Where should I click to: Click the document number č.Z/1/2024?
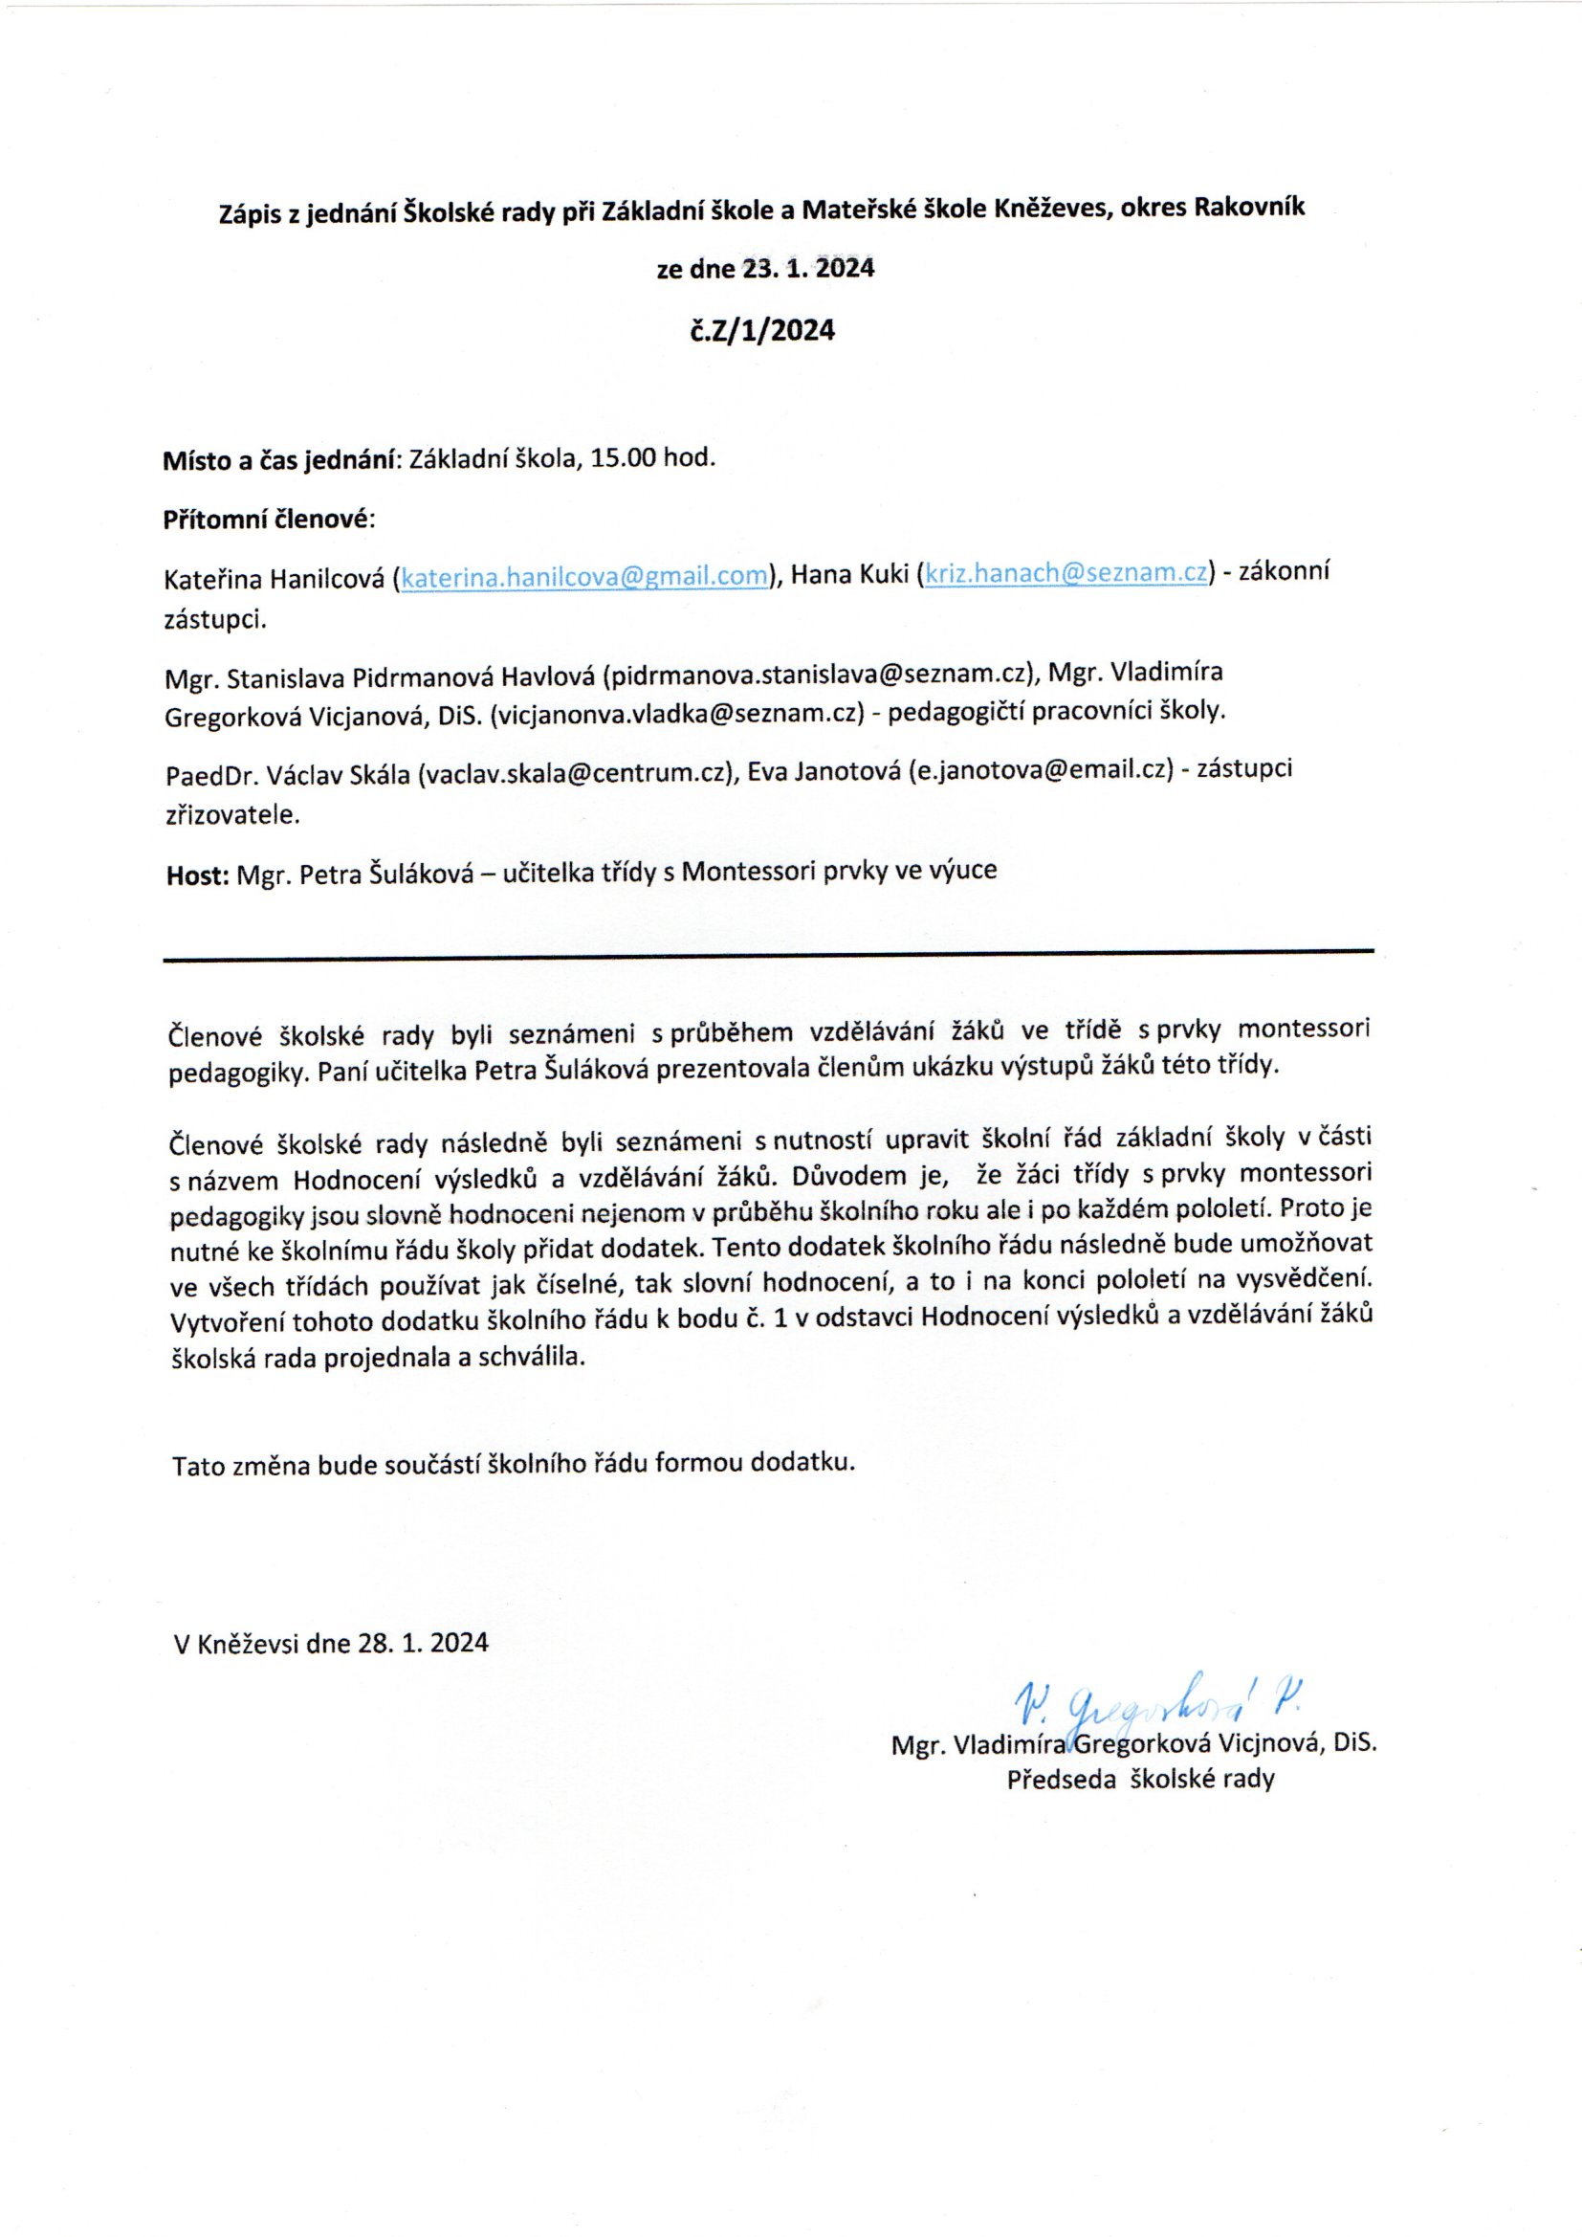pyautogui.click(x=762, y=331)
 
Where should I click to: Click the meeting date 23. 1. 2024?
pyautogui.click(x=809, y=268)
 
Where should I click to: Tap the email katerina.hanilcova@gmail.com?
pyautogui.click(x=584, y=576)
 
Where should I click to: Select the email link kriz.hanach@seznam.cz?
pyautogui.click(x=1066, y=574)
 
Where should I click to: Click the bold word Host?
pyautogui.click(x=196, y=875)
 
